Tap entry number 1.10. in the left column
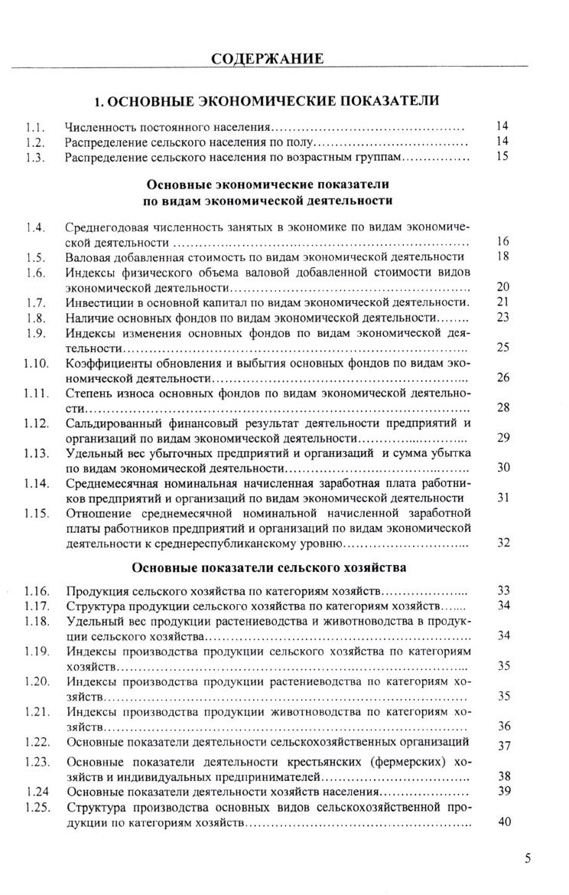(x=36, y=362)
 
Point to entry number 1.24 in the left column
(x=34, y=791)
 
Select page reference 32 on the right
(x=503, y=543)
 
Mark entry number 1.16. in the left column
(x=36, y=591)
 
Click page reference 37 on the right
(x=503, y=746)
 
